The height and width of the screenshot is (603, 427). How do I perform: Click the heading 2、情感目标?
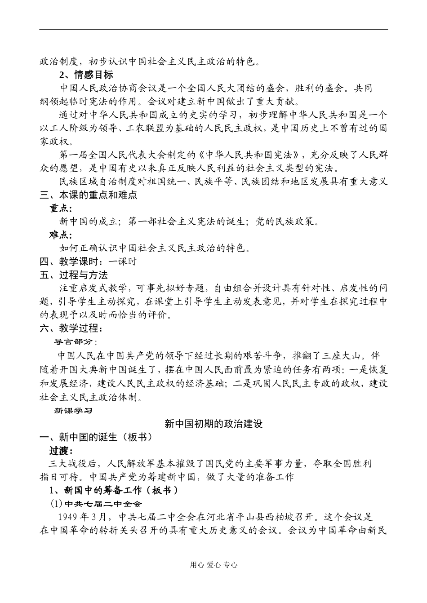point(86,75)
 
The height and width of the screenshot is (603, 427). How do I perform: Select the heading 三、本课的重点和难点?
point(89,195)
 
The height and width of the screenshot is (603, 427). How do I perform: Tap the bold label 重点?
point(61,208)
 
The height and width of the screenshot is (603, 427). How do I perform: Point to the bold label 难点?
point(61,235)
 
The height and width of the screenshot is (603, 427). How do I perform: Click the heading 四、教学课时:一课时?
point(88,262)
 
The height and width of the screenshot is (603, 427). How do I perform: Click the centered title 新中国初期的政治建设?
point(213,423)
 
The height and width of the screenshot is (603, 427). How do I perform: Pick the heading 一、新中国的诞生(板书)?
point(96,437)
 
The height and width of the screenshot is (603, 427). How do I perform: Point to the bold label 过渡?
point(61,450)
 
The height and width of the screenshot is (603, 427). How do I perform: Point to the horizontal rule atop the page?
point(213,30)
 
